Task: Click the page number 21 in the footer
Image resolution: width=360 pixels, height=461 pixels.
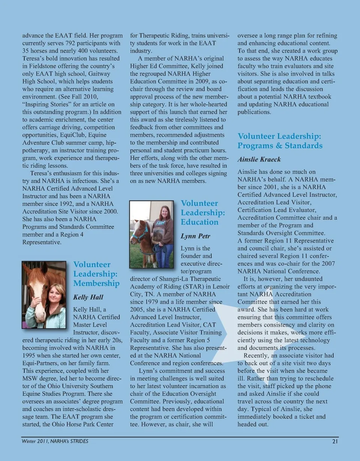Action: click(x=335, y=441)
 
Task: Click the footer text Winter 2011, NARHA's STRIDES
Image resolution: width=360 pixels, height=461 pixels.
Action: click(x=55, y=441)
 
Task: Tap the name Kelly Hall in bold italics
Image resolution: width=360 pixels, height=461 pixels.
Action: click(x=88, y=297)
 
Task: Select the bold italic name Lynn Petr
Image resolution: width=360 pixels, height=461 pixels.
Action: click(x=195, y=236)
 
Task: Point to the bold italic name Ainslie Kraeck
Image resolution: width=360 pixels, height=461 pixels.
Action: click(x=259, y=159)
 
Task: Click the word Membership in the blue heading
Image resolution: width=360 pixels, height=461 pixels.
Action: click(x=96, y=283)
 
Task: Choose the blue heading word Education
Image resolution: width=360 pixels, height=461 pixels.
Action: click(x=199, y=222)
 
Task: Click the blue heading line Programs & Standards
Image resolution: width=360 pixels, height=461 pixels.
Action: click(x=280, y=146)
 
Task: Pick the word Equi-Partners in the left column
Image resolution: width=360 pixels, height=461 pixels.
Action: click(x=38, y=363)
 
